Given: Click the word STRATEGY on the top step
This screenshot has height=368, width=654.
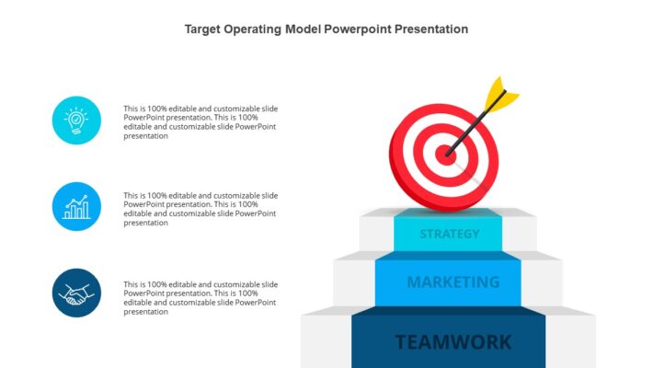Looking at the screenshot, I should pos(449,234).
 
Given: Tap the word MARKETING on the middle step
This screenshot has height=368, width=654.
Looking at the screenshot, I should pos(453,282).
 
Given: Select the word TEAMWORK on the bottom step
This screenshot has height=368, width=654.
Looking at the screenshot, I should pos(453,342).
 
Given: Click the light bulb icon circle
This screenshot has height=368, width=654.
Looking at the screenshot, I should pos(76,120).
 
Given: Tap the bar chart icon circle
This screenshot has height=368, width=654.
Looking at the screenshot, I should pos(76,206).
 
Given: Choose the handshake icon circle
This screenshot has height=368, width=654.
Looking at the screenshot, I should pos(76,293).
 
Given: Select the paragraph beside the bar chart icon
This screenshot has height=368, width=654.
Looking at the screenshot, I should pos(201,209).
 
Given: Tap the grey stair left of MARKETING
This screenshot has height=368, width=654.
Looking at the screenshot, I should pos(355,282).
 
